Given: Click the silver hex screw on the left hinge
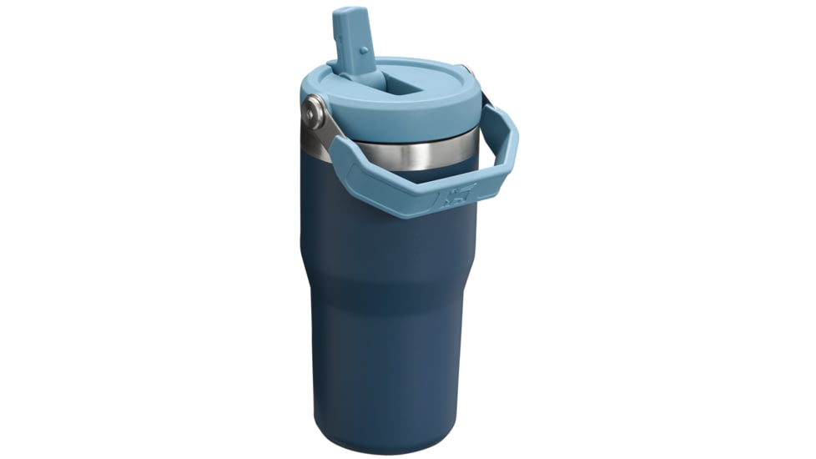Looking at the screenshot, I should (x=314, y=108).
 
